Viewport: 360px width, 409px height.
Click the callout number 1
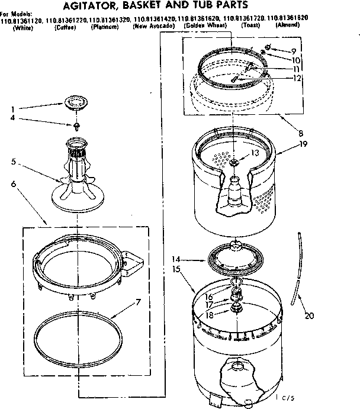[13, 109]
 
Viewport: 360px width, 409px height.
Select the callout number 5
[12, 160]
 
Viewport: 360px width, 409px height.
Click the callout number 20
[308, 315]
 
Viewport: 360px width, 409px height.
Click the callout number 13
[255, 153]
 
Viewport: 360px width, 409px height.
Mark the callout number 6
[13, 184]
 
